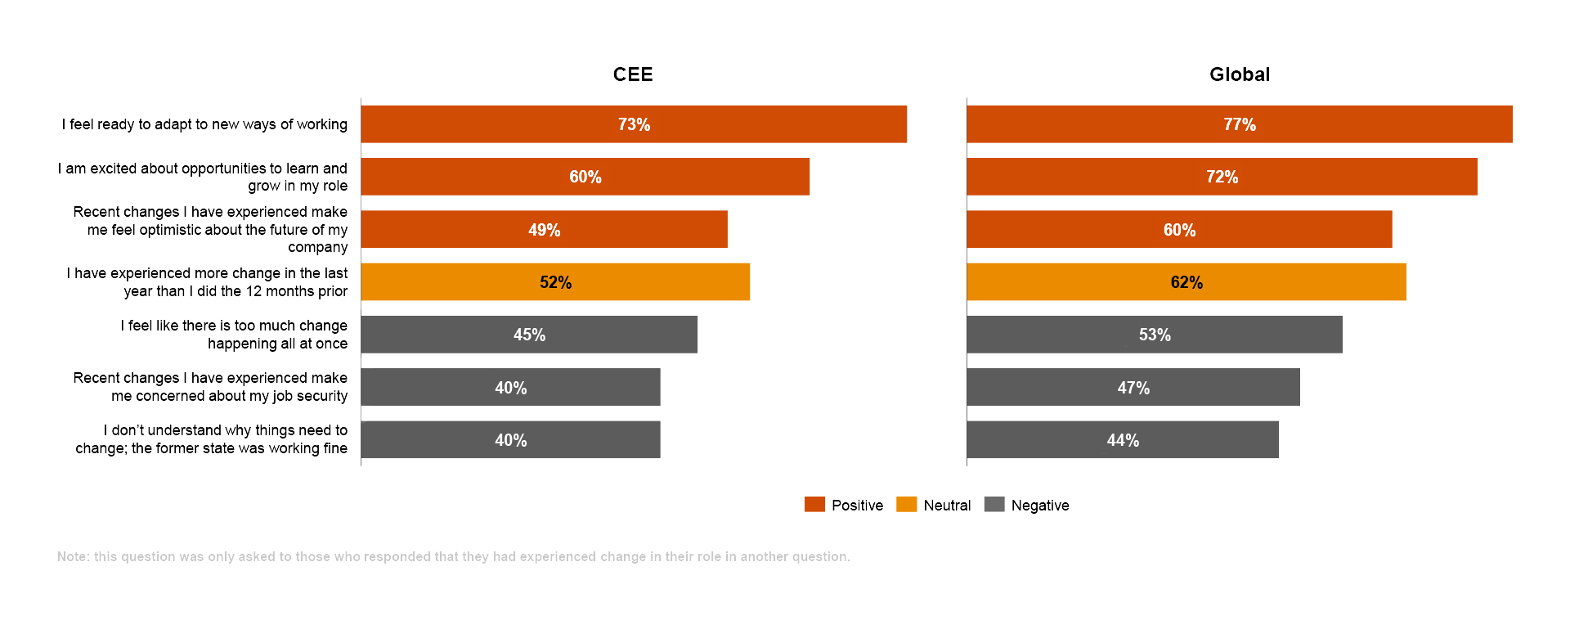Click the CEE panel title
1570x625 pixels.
(x=633, y=74)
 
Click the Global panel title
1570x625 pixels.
(x=1239, y=74)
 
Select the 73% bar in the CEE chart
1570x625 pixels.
(x=634, y=124)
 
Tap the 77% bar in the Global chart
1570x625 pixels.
(x=1239, y=124)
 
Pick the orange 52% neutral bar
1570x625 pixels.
(x=555, y=282)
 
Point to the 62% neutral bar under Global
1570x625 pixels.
(x=1186, y=282)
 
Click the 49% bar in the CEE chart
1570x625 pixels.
(x=544, y=230)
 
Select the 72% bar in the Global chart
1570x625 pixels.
(x=1222, y=177)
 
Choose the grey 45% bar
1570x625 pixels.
(x=529, y=335)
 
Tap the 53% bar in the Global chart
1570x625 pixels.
(x=1154, y=335)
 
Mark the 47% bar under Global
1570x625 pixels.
(x=1133, y=388)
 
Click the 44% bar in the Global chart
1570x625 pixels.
(x=1122, y=440)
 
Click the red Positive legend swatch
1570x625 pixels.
(x=814, y=505)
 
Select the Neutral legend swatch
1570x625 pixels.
(x=906, y=505)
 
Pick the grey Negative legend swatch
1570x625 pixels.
(x=994, y=505)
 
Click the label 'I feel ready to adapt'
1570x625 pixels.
(x=204, y=124)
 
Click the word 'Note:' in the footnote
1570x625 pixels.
(x=73, y=556)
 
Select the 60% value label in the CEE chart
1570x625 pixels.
(x=585, y=177)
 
